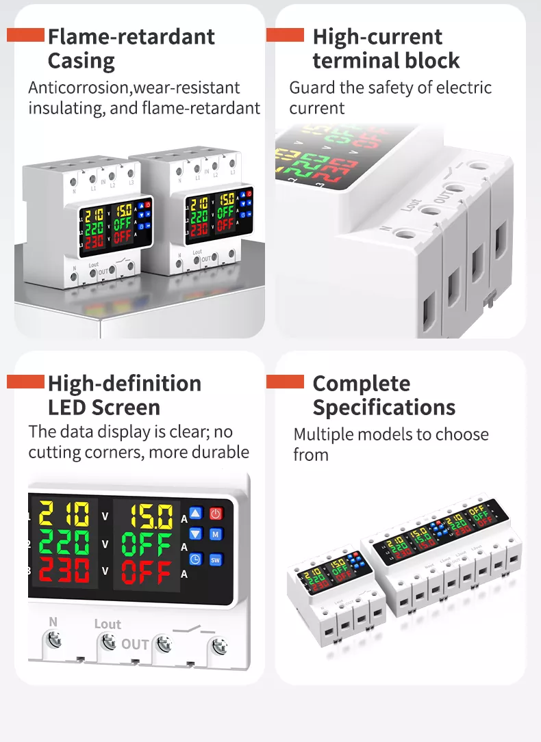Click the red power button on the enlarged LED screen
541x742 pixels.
[216, 514]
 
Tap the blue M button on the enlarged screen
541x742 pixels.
[216, 534]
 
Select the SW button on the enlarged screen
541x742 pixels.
[216, 559]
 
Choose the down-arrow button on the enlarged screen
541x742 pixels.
[196, 534]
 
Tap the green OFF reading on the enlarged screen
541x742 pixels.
[146, 546]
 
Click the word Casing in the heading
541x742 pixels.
[81, 61]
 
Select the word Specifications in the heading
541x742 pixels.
[383, 408]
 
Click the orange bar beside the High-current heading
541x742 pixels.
[285, 35]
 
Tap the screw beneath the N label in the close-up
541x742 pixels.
[55, 639]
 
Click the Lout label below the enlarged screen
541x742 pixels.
[108, 624]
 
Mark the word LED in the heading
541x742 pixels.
[66, 408]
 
